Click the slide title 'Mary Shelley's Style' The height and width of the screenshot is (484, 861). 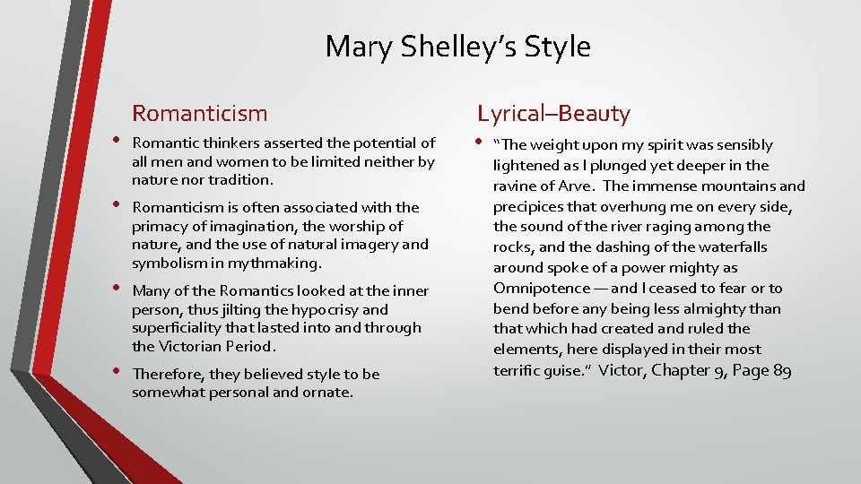tap(457, 46)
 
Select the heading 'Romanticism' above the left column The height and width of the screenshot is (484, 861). tap(199, 113)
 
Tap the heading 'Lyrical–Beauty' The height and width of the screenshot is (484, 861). tap(553, 113)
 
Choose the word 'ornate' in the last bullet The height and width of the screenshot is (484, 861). tap(328, 393)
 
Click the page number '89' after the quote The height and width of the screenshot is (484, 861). tap(780, 370)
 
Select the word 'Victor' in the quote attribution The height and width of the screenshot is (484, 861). tap(621, 370)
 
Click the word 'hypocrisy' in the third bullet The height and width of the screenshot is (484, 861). tap(326, 309)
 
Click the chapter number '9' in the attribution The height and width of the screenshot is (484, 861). tap(720, 371)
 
